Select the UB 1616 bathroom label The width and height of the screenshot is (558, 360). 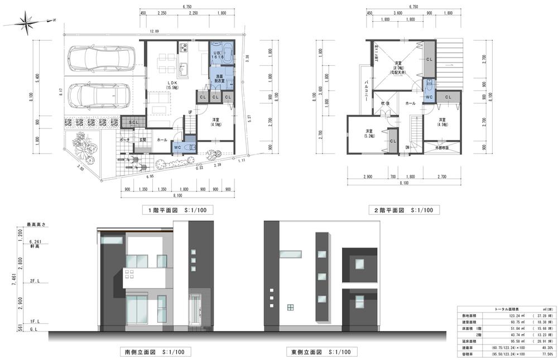pyautogui.click(x=218, y=54)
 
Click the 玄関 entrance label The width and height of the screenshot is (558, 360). pyautogui.click(x=142, y=140)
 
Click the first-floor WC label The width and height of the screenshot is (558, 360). pyautogui.click(x=177, y=147)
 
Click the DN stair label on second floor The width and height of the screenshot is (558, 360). pyautogui.click(x=408, y=147)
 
